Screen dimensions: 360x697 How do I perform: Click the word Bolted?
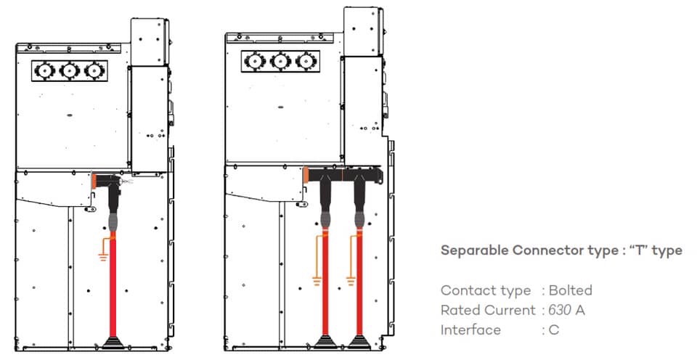click(570, 290)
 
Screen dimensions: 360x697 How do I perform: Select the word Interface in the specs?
click(470, 330)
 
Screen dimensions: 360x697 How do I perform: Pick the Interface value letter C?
click(554, 330)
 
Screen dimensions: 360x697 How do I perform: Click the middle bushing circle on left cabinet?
click(69, 70)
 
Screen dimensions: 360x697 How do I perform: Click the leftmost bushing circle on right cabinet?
click(255, 61)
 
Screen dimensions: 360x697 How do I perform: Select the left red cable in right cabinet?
click(325, 290)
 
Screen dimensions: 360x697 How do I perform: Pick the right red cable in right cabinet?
click(358, 290)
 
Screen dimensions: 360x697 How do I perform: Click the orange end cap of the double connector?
click(307, 175)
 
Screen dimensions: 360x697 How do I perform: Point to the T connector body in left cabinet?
click(106, 181)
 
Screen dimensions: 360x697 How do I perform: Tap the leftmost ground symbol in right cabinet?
click(317, 276)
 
